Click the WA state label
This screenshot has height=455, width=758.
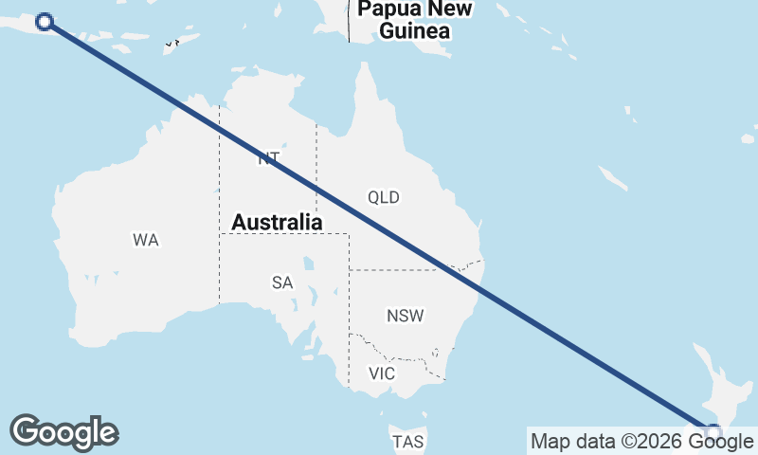[146, 240]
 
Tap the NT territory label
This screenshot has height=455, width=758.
[268, 158]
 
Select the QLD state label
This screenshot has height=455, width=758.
[384, 197]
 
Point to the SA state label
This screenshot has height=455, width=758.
[282, 282]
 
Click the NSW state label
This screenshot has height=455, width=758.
[406, 316]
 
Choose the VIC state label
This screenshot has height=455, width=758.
[382, 373]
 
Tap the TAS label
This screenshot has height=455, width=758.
[407, 442]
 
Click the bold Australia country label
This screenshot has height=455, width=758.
[278, 222]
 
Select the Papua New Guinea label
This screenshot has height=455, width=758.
[414, 20]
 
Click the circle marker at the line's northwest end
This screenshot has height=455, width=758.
[44, 22]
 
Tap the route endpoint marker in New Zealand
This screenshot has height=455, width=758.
[713, 433]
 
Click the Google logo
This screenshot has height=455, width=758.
[63, 432]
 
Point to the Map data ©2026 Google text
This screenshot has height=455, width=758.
[641, 441]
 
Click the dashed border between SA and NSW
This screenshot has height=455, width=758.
[350, 303]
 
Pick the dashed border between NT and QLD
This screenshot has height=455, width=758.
[316, 161]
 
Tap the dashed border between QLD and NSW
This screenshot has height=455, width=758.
[398, 270]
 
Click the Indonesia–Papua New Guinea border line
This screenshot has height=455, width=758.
[349, 24]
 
